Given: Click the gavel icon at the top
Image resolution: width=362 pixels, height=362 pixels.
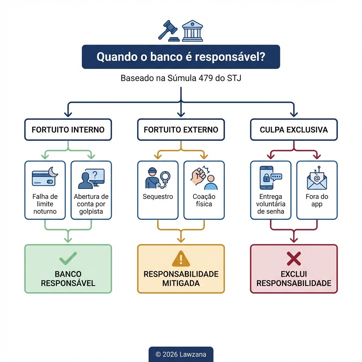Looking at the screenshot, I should pos(168,30).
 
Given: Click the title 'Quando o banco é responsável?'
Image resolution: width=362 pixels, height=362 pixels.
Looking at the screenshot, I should pos(181,57).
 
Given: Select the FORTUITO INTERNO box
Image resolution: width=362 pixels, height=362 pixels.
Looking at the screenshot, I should pos(68,129).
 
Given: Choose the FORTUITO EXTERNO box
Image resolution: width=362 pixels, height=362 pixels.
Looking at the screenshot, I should pos(181,129).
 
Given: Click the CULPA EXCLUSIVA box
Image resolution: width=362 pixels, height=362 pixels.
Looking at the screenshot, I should pos(293,129).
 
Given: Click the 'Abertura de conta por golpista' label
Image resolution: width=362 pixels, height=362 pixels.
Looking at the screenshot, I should pos(91,204).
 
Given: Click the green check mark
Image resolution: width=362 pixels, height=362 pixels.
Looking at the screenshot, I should pos(68,259).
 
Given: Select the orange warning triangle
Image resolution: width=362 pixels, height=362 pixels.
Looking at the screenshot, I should pos(181,259).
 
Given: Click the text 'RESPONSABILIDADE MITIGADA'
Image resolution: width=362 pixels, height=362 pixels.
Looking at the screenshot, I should pos(181,279).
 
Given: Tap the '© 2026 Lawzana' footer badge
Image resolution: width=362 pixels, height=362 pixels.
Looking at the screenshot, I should pos(181,354).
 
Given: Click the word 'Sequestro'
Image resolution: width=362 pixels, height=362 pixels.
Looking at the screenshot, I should pos(158,197).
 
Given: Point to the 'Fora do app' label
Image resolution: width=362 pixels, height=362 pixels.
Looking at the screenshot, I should pos(317,200).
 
